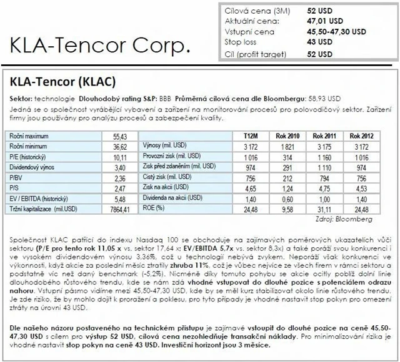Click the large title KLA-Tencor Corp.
point(99,46)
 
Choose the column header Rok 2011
point(325,135)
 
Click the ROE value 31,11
point(324,208)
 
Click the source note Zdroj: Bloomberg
point(349,220)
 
